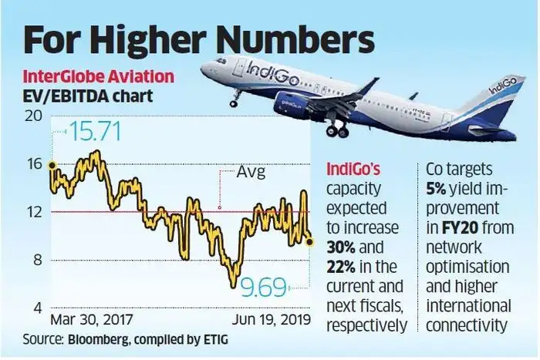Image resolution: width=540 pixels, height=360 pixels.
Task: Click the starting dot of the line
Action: pyautogui.click(x=51, y=165)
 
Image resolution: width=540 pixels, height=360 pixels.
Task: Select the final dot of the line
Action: pyautogui.click(x=309, y=242)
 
